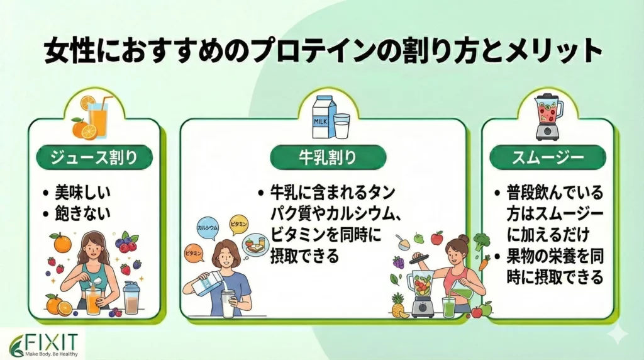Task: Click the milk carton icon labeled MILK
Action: pos(321,118)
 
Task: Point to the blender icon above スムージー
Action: pos(547,116)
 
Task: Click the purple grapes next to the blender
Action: pos(398,261)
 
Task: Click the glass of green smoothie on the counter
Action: pos(449,307)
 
